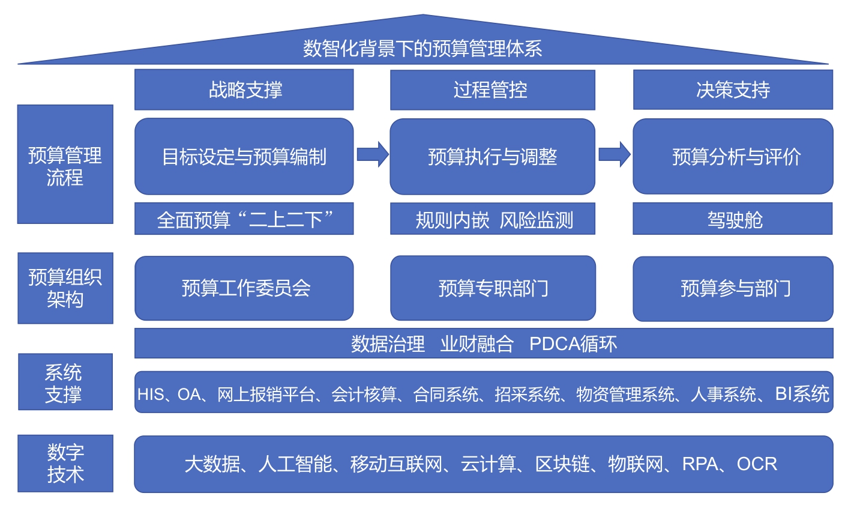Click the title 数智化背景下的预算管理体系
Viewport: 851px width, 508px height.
[x=422, y=48]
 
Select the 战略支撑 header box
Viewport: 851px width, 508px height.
[x=244, y=90]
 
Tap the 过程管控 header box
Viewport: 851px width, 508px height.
[x=492, y=90]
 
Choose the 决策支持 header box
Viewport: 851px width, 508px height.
[x=733, y=90]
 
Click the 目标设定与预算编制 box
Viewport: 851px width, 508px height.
[x=244, y=157]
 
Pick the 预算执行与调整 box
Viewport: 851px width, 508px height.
[x=492, y=157]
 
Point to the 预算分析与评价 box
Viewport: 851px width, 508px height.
[x=733, y=157]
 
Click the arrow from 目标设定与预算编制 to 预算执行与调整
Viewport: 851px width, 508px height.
[x=373, y=154]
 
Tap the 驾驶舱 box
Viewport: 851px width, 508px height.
[x=733, y=220]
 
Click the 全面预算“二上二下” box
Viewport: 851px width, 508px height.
[x=244, y=220]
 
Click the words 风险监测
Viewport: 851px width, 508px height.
[x=537, y=220]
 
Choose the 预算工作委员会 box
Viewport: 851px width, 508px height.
[x=244, y=288]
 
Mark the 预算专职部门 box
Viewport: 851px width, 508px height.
[x=492, y=288]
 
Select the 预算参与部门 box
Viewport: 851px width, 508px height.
[x=733, y=288]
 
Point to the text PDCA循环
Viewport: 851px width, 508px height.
[x=573, y=344]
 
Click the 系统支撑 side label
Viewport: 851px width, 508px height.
[x=65, y=383]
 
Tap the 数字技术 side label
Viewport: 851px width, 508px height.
[x=65, y=464]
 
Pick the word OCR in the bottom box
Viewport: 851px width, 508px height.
[x=757, y=464]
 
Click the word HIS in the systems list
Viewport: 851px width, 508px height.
[x=150, y=395]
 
